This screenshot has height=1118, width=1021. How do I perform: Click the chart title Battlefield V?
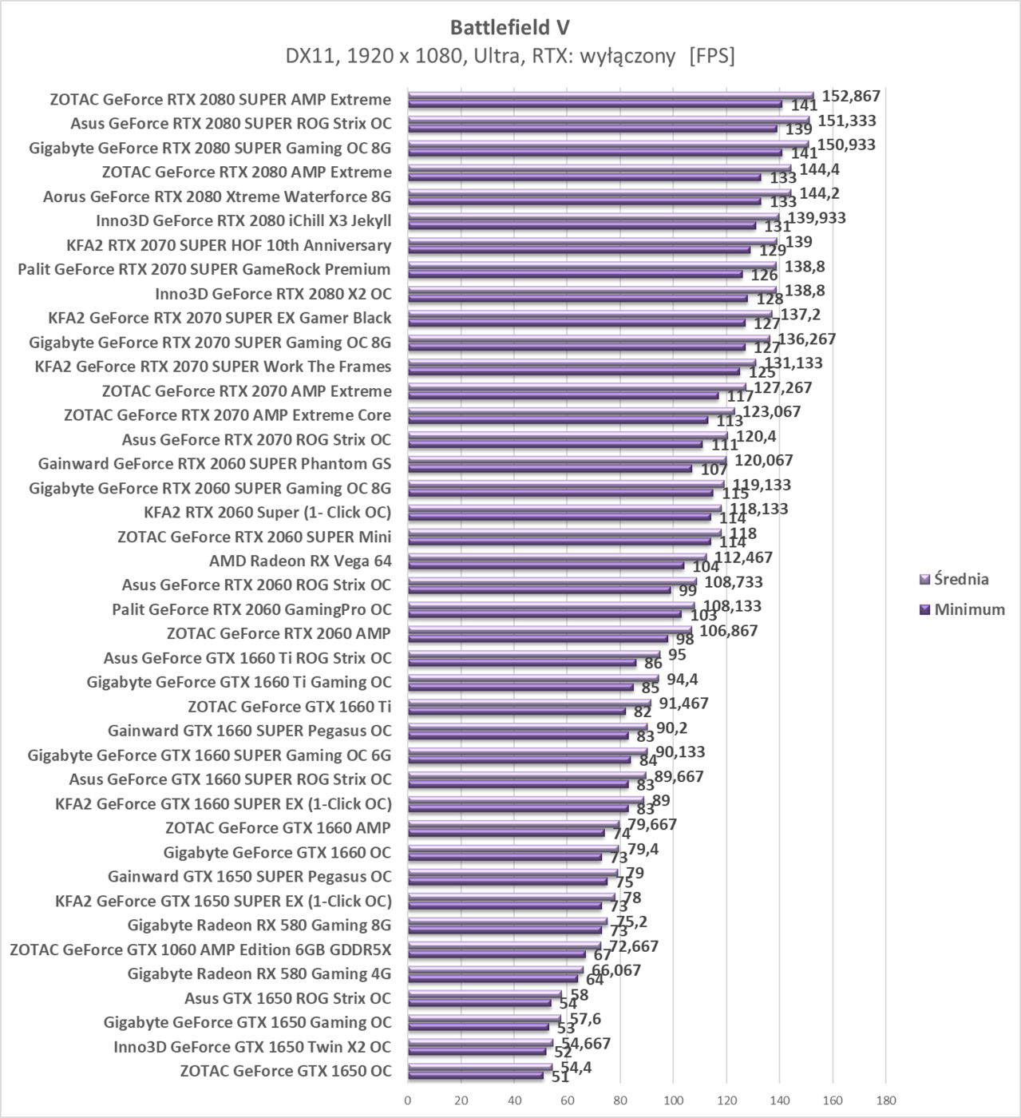click(510, 27)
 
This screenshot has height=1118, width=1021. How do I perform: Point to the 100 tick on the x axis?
click(673, 1100)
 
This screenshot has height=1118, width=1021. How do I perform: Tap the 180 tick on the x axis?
click(885, 1100)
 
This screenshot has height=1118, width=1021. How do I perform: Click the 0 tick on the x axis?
click(408, 1100)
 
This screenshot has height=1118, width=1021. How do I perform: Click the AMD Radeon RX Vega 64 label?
click(300, 561)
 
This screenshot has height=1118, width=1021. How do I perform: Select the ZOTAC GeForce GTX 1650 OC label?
click(286, 1071)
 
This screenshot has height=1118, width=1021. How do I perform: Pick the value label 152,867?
click(851, 96)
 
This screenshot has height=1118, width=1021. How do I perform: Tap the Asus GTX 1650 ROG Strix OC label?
click(287, 998)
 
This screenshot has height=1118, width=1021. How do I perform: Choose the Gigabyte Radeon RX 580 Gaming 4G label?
click(259, 973)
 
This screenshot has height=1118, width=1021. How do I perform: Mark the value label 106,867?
click(728, 631)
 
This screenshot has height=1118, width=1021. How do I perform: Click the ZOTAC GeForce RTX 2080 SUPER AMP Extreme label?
click(220, 100)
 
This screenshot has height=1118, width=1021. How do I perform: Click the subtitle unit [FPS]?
click(711, 56)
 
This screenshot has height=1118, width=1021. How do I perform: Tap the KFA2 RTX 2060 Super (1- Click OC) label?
click(267, 512)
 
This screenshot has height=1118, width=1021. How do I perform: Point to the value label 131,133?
click(793, 363)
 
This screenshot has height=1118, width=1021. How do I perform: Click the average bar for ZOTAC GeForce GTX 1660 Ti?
click(528, 703)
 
